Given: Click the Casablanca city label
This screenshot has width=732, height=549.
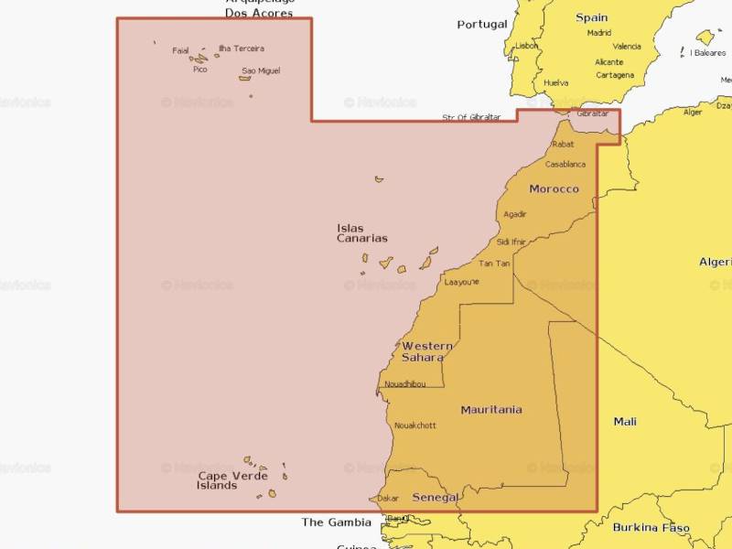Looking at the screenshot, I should coord(565,165).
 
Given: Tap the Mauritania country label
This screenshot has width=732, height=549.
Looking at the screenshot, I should coord(491,410).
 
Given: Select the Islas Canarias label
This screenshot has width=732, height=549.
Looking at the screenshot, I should coord(361,233).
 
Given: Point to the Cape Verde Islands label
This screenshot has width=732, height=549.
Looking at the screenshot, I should coord(232,480).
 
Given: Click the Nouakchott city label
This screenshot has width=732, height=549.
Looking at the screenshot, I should coord(414,425).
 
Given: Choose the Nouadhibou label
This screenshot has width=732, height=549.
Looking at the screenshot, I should coord(405,383).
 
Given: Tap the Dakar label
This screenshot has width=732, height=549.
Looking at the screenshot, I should coord(388,499).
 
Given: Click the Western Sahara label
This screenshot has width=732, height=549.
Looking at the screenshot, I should coord(426,351).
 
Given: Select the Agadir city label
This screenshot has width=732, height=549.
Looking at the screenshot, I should coord(515,214).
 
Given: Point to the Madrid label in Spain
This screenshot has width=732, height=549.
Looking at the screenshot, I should coord(599,33).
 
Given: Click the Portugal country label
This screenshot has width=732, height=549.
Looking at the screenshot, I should coord(482,24).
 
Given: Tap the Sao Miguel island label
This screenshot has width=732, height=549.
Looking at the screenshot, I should coord(261,70).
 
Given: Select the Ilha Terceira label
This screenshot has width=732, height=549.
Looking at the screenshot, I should coord(241,48).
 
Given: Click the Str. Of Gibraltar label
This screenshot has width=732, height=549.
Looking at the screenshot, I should coord(471,117).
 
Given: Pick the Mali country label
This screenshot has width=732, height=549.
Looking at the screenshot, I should coord(625,422).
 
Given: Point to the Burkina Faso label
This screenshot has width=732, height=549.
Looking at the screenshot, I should coord(651,528).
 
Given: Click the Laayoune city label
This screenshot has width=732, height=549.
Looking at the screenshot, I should coord(461,283).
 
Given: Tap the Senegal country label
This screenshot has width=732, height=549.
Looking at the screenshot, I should coord(435,498).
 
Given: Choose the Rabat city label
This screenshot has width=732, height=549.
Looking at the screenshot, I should coord(563,145).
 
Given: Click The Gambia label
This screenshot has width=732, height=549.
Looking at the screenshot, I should coord(337,522).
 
